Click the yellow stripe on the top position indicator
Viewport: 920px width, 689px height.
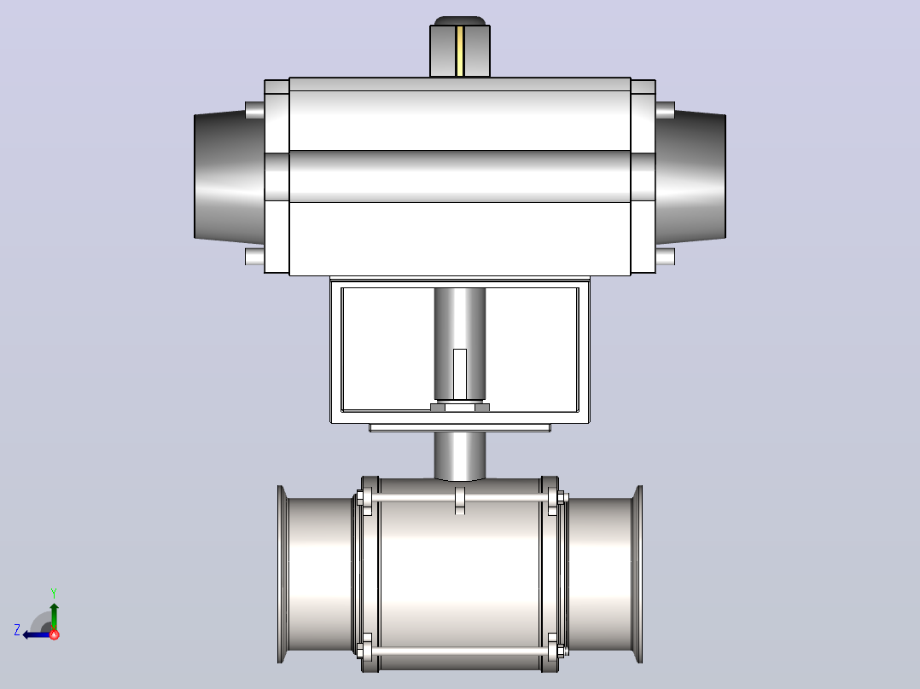click(x=460, y=51)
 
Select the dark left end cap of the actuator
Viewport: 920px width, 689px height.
click(x=230, y=177)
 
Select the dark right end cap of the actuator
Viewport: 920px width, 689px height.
click(x=690, y=177)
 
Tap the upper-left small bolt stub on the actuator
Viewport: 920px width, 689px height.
click(x=254, y=110)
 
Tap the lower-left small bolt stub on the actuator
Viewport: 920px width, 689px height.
click(x=254, y=257)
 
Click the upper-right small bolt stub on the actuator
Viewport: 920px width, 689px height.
click(x=666, y=110)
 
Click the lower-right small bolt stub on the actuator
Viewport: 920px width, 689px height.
click(x=666, y=257)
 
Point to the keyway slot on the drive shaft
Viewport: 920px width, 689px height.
click(x=460, y=374)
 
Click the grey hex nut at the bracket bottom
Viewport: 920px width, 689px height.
click(x=460, y=408)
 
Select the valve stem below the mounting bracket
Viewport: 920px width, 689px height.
click(x=460, y=456)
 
